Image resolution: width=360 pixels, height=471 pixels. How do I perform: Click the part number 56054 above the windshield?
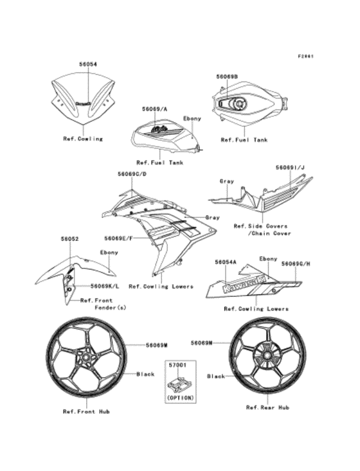pyautogui.click(x=88, y=65)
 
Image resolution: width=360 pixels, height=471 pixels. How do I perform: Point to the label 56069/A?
pyautogui.click(x=154, y=109)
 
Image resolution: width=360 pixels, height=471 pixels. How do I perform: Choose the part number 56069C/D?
pyautogui.click(x=132, y=173)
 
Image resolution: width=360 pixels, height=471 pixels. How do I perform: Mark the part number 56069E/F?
pyautogui.click(x=119, y=238)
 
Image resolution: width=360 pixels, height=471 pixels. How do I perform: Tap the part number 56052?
pyautogui.click(x=70, y=239)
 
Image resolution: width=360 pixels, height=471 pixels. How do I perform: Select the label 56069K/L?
pyautogui.click(x=104, y=285)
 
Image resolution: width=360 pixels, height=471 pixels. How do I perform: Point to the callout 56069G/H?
pyautogui.click(x=297, y=263)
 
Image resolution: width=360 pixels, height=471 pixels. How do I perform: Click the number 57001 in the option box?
pyautogui.click(x=177, y=364)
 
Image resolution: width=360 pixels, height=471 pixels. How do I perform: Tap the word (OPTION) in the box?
pyautogui.click(x=177, y=398)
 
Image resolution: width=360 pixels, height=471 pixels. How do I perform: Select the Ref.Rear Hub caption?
pyautogui.click(x=267, y=407)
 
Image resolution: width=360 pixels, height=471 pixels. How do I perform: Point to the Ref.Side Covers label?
pyautogui.click(x=260, y=226)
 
